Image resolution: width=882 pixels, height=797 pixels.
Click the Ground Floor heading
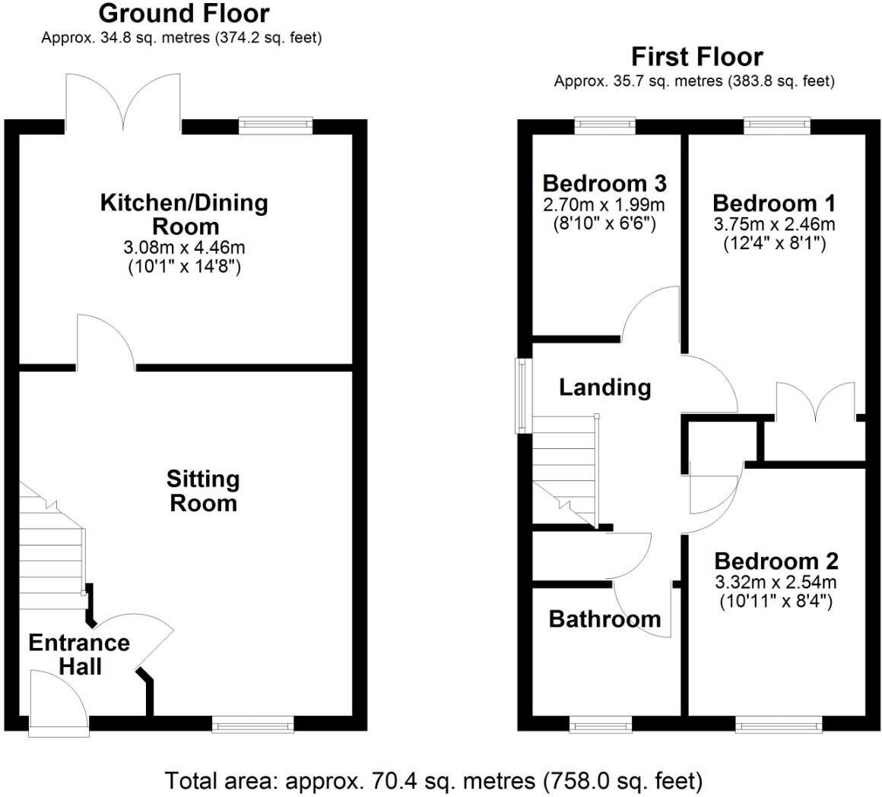[x=183, y=13]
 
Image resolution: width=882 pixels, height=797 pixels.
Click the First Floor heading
[x=696, y=56]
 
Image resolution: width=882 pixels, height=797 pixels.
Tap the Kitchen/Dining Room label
[x=184, y=214]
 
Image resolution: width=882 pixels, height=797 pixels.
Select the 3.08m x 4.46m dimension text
[x=185, y=247]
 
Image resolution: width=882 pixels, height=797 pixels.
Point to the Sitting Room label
[x=203, y=491]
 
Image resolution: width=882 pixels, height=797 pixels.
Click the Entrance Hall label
[x=79, y=654]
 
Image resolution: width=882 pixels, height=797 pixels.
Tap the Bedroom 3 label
[x=604, y=183]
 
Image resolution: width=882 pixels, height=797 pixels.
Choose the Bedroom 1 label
[x=773, y=203]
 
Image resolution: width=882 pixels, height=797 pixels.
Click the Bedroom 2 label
[x=776, y=561]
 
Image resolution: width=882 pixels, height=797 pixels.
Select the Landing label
[x=605, y=387]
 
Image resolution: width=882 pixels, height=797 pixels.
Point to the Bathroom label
[x=604, y=618]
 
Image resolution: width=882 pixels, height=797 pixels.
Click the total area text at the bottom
[x=433, y=780]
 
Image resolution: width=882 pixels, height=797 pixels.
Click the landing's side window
[x=522, y=395]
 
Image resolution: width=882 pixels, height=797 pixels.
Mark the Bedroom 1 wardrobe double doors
[x=815, y=403]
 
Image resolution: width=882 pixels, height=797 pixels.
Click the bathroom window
[x=600, y=726]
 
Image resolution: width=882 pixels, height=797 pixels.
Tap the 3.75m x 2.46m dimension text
[x=773, y=224]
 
